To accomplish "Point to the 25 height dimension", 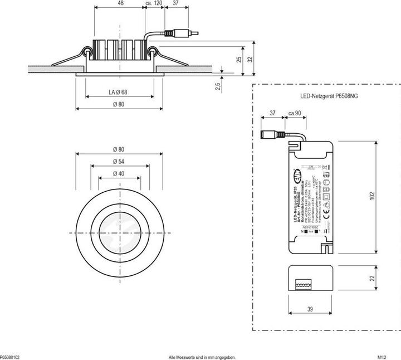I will point(238,59).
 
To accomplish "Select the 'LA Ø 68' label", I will point(118,92).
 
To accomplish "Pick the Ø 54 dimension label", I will point(118,161).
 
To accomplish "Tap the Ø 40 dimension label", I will point(118,173).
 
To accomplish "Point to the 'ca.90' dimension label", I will point(294,114).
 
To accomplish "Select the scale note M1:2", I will point(382,357).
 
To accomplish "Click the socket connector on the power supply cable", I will point(271,134).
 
